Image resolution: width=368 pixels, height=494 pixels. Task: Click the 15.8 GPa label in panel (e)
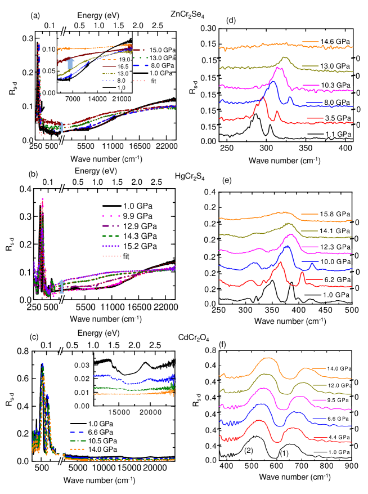point(337,215)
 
